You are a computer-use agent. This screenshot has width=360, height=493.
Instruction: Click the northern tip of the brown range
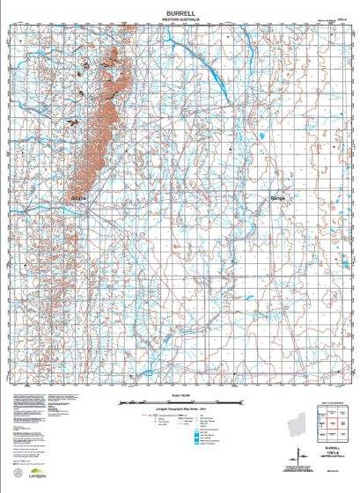point(113,46)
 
